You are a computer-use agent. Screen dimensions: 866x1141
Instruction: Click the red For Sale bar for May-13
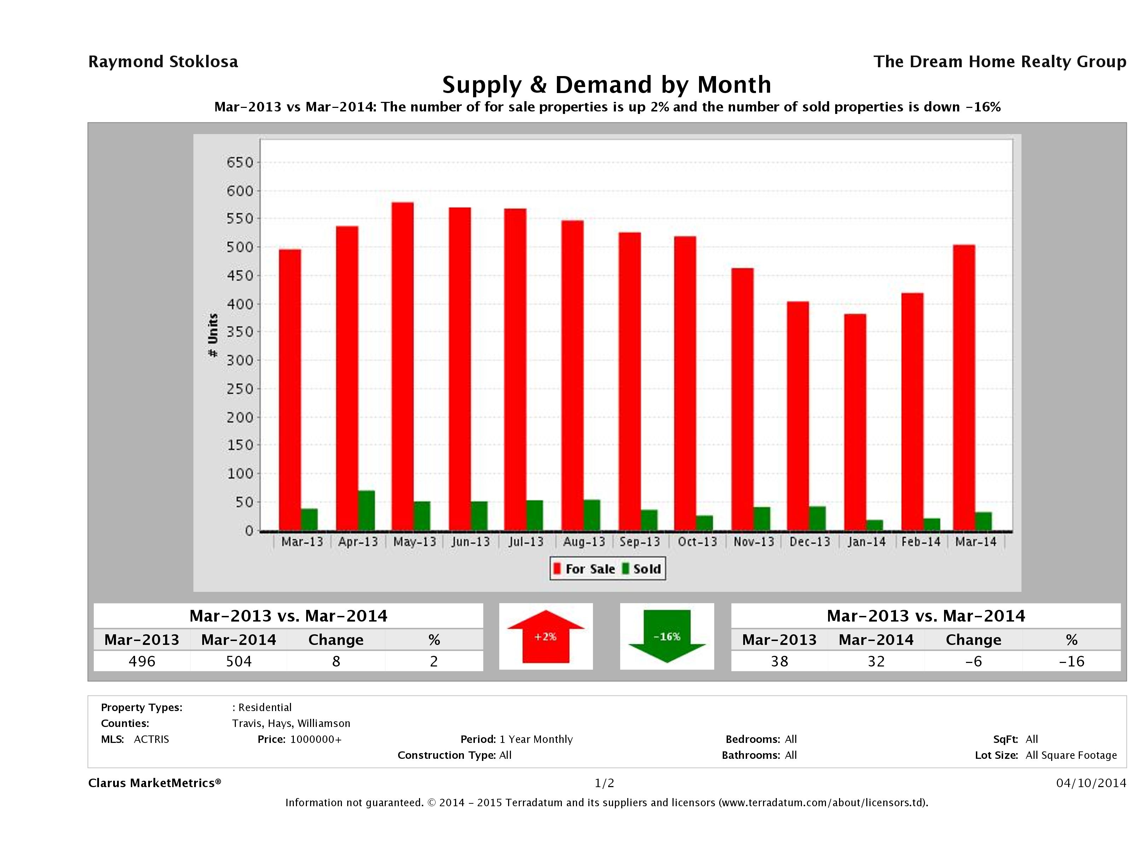pos(402,366)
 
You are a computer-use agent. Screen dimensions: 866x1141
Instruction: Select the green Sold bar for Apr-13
pos(366,510)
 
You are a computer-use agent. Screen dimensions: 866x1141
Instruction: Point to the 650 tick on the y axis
pos(240,163)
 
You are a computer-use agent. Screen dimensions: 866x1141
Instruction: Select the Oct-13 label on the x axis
pos(697,542)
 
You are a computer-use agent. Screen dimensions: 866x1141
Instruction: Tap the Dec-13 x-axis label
pos(810,542)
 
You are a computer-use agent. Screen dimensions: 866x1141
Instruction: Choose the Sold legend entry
pos(642,569)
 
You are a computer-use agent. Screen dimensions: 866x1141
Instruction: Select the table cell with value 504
pos(239,661)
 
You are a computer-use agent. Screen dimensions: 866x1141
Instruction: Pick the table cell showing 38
pos(779,661)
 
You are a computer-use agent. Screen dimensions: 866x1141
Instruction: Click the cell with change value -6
pos(973,661)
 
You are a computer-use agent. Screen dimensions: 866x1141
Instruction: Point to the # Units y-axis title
pos(213,335)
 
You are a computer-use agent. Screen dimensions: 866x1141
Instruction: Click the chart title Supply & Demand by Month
pos(607,85)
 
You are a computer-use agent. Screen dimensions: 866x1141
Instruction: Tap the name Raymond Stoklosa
pos(163,62)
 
